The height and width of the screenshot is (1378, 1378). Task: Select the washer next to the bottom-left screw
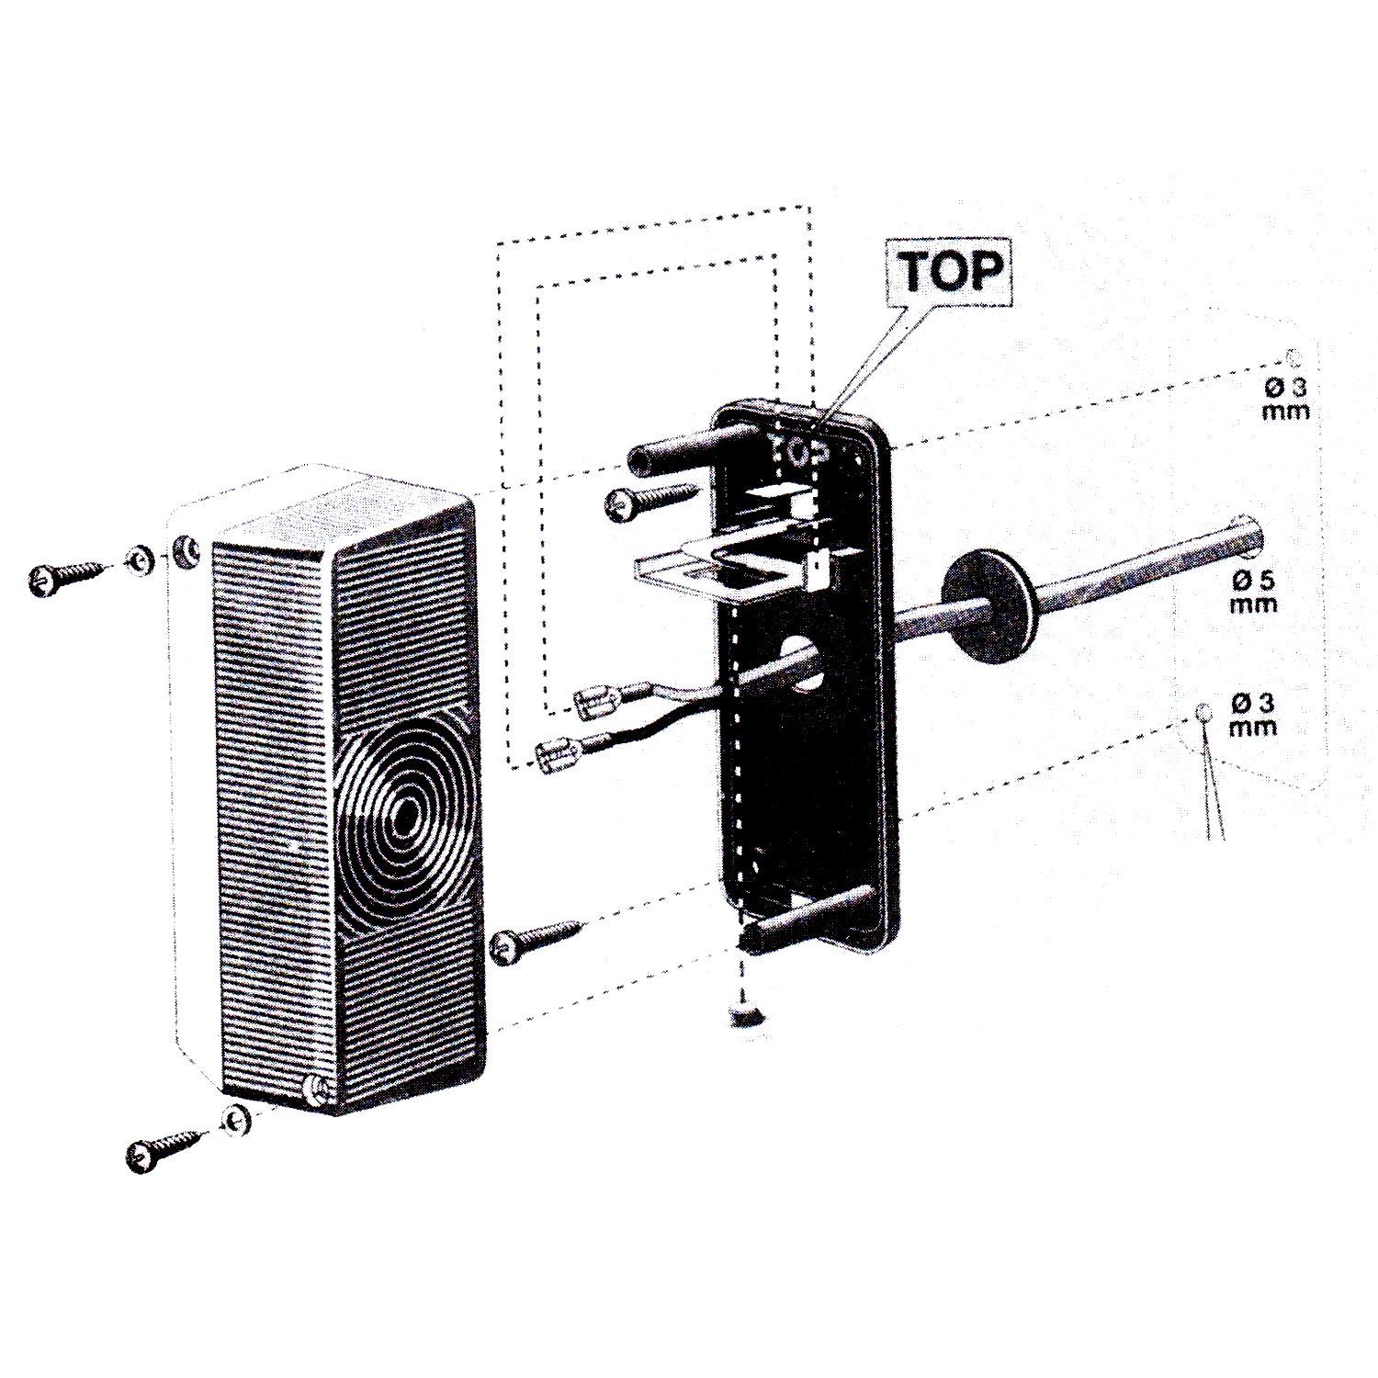tap(235, 1120)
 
